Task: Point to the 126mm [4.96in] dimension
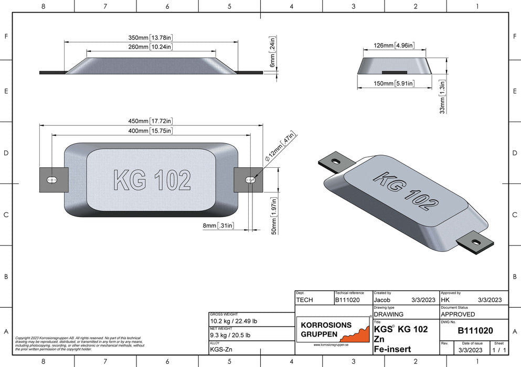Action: [394, 46]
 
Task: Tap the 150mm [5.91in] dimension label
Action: [394, 83]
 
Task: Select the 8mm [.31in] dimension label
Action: [218, 225]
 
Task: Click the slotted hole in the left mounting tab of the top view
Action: [52, 180]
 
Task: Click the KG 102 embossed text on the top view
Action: [152, 180]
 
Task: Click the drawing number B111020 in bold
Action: [475, 330]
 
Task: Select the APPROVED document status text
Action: [458, 314]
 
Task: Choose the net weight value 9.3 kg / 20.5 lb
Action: [230, 335]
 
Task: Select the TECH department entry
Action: [305, 299]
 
